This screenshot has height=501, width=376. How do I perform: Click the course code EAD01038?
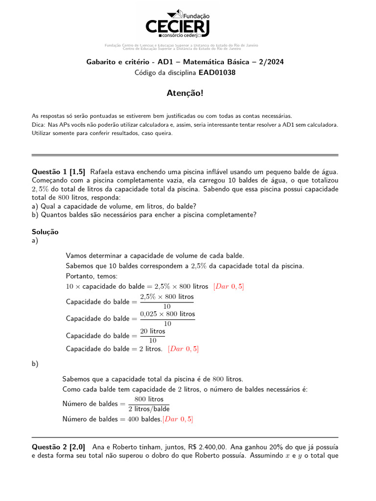pyautogui.click(x=217, y=72)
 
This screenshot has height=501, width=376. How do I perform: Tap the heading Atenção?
pyautogui.click(x=188, y=93)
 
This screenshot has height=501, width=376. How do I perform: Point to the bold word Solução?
pyautogui.click(x=45, y=232)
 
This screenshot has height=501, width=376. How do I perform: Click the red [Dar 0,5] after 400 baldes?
pyautogui.click(x=178, y=419)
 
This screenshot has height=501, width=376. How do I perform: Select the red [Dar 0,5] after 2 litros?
pyautogui.click(x=183, y=349)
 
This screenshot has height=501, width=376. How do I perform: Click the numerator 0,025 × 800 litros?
pyautogui.click(x=167, y=314)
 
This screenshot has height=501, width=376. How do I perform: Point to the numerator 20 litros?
pyautogui.click(x=153, y=331)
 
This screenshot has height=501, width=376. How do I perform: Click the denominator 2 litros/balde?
pyautogui.click(x=149, y=409)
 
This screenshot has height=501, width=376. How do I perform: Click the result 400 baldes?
pyautogui.click(x=144, y=419)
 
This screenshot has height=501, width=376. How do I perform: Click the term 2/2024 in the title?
pyautogui.click(x=271, y=62)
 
